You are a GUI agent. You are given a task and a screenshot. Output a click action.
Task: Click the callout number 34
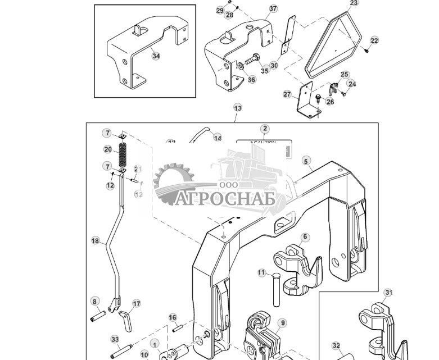156,56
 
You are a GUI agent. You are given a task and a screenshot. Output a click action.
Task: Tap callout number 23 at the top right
354,3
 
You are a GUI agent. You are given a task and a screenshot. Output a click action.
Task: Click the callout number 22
374,40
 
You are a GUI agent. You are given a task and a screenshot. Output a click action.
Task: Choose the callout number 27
288,95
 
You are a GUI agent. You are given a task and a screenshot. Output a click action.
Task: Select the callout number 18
95,240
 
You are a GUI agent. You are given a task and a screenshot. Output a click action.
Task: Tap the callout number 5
306,161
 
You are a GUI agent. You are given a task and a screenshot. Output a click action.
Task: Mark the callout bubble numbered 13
238,108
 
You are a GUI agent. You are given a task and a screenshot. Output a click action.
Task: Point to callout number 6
305,238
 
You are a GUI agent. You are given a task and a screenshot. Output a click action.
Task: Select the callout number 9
283,323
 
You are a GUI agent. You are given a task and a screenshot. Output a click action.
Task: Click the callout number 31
388,293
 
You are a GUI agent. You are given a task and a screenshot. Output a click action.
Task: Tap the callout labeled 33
115,340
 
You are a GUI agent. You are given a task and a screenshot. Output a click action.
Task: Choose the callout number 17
136,304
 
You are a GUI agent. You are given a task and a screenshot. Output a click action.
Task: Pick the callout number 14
217,138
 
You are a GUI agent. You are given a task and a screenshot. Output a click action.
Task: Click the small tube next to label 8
95,313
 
